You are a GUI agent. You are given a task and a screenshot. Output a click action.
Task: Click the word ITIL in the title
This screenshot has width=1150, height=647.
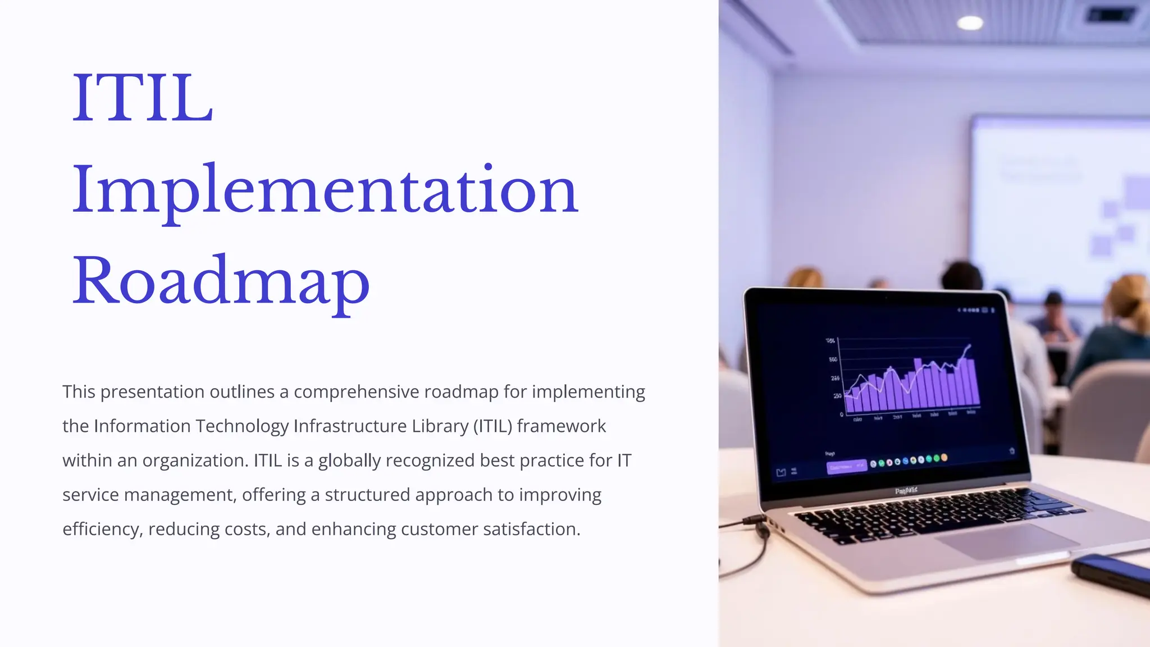(x=143, y=98)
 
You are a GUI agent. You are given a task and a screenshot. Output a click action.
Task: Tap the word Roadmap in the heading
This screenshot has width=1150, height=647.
(x=221, y=281)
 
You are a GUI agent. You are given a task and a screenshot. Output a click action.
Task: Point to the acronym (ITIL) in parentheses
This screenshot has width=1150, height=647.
(x=493, y=426)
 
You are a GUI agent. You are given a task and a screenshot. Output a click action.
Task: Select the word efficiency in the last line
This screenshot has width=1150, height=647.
(x=101, y=529)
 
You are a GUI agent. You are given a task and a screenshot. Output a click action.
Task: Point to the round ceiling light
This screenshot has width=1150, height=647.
(x=970, y=22)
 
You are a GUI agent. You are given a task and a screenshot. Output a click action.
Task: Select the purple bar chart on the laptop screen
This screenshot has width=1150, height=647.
(x=912, y=385)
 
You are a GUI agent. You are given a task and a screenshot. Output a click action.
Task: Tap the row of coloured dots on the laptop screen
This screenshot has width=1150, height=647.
(x=909, y=461)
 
